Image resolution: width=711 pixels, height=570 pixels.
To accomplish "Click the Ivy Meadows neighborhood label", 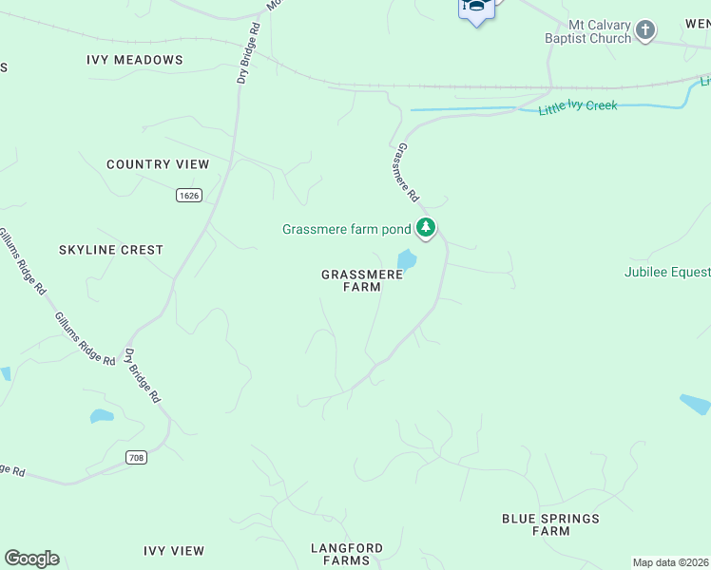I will (x=134, y=60).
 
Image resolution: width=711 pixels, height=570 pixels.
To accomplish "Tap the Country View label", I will (x=158, y=164).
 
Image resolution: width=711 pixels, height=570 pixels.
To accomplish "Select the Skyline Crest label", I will (x=111, y=250).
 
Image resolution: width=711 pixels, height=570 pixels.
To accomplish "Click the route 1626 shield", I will (x=189, y=195).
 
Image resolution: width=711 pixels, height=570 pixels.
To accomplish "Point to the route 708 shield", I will (x=136, y=458).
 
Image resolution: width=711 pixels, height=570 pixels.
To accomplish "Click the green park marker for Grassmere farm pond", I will (x=427, y=228).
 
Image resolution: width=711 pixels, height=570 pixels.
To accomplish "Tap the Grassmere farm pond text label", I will (x=346, y=229).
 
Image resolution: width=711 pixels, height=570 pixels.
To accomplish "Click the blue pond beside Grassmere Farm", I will (x=406, y=259).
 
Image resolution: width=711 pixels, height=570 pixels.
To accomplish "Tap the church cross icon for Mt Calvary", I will (x=645, y=30).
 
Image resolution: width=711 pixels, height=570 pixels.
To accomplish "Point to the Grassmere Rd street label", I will (x=407, y=173).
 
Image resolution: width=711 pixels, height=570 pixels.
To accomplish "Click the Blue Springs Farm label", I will (x=551, y=524).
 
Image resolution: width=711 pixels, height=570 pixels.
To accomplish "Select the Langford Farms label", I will (x=347, y=554).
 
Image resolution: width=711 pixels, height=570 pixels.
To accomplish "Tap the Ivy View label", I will (x=174, y=551).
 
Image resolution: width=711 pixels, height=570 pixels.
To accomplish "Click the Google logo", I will (x=31, y=559).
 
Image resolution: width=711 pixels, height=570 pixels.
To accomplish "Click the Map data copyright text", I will (x=671, y=562).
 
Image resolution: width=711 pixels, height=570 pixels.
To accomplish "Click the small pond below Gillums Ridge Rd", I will (x=101, y=416).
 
